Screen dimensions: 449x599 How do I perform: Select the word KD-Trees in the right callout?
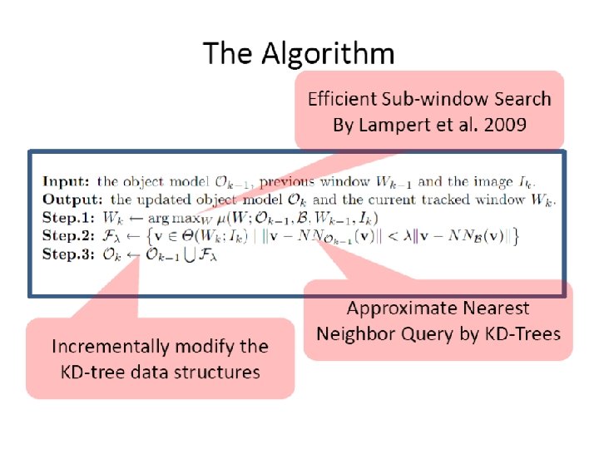coord(520,334)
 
